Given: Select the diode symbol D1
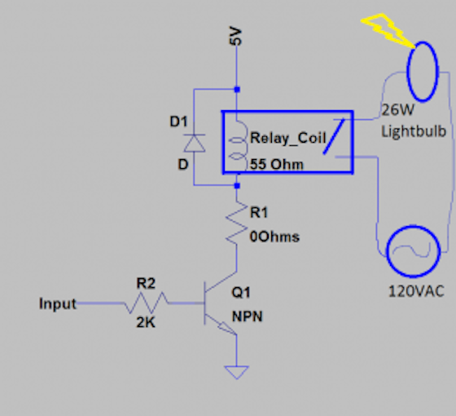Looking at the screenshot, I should [x=194, y=144].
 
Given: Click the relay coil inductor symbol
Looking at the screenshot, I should [x=239, y=144].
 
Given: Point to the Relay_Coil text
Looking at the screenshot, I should [x=282, y=136].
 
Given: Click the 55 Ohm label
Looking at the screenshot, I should [x=277, y=165].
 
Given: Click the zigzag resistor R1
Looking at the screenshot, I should [x=237, y=223].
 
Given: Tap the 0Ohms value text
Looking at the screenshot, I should [x=274, y=237].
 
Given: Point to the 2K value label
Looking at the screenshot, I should [x=146, y=324].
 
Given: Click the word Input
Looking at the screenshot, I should [x=57, y=304].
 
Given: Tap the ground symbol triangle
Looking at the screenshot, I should [x=236, y=373].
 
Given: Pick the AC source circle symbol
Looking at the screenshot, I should [x=414, y=251].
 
